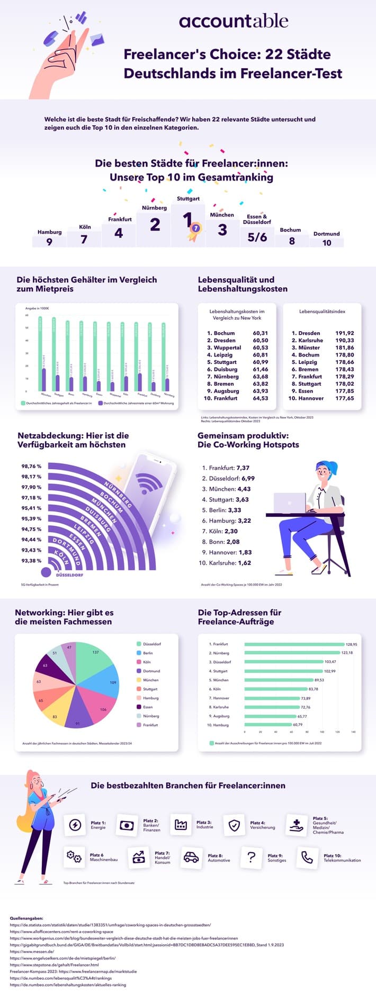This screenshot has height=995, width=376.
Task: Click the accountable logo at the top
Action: click(x=234, y=21)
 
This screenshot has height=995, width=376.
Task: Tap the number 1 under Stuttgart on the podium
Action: click(x=187, y=220)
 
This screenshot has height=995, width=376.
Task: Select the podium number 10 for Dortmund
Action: click(x=327, y=243)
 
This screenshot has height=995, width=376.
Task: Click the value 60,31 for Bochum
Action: click(x=260, y=333)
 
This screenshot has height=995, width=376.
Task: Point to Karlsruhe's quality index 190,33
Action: click(x=344, y=341)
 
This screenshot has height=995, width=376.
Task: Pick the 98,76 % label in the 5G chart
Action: click(x=31, y=466)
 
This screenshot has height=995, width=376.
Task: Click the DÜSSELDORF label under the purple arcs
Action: click(x=69, y=573)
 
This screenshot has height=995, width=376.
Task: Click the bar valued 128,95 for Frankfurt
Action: click(x=294, y=644)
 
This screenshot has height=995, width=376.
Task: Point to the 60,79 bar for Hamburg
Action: click(x=268, y=725)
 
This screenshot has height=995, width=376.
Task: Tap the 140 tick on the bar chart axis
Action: click(x=353, y=732)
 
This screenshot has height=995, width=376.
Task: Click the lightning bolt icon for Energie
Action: click(x=75, y=825)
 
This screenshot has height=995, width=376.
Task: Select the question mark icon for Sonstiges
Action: click(x=252, y=857)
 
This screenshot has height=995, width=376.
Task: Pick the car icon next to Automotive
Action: click(x=191, y=857)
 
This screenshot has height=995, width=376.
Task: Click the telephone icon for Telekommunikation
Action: click(x=307, y=857)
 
